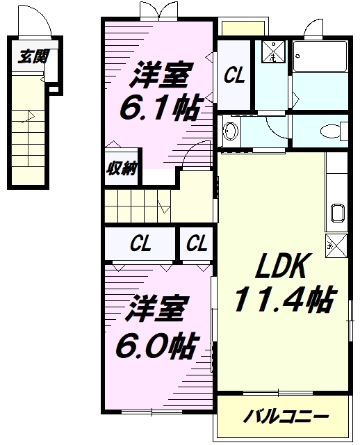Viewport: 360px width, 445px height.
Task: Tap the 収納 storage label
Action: (120, 168)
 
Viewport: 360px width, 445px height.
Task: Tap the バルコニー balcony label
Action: (286, 417)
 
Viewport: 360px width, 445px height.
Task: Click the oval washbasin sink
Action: (230, 130)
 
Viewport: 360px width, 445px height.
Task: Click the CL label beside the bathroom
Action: (234, 76)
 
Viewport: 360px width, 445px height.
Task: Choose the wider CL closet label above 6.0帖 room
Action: (141, 243)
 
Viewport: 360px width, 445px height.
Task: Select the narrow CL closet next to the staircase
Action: (197, 243)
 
